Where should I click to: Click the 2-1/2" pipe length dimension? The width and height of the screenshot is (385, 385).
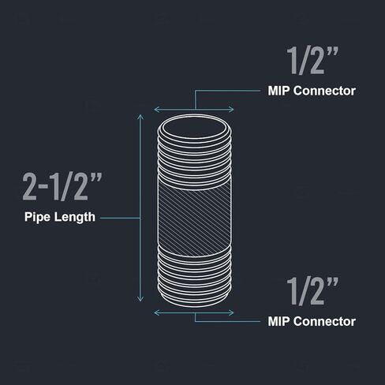(62, 187)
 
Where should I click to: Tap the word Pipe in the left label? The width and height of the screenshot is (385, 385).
(36, 217)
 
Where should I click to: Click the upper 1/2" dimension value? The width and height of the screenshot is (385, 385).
(312, 61)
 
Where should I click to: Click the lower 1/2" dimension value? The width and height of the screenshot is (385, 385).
(312, 291)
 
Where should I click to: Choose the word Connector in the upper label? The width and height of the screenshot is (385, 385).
(324, 91)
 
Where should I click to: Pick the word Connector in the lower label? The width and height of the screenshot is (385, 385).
(324, 322)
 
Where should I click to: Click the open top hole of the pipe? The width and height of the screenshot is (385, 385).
(194, 129)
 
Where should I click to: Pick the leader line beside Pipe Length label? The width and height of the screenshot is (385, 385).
(120, 218)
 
